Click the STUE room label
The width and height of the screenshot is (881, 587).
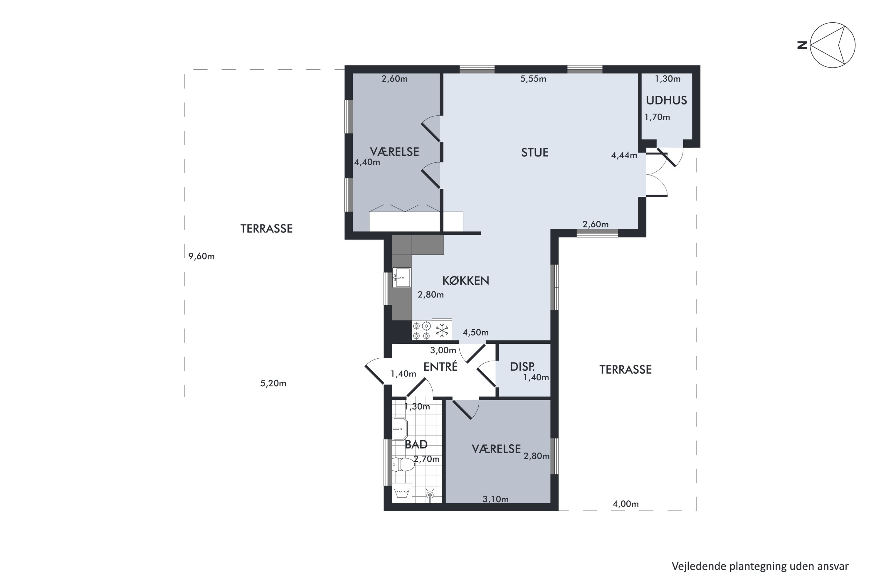coord(534,152)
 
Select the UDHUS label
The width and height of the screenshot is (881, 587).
coord(666,100)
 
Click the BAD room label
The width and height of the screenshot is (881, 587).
coord(416,444)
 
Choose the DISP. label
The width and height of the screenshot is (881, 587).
coord(522,367)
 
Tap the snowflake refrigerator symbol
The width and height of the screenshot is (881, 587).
coord(442,330)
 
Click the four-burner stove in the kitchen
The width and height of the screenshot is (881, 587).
coord(422,330)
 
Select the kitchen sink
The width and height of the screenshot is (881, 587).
coord(401,278)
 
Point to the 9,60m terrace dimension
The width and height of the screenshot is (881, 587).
coord(201,257)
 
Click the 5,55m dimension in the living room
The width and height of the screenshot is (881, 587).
coord(533,79)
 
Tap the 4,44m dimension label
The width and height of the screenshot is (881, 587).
coord(624,155)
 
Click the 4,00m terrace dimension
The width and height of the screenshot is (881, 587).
coord(626,504)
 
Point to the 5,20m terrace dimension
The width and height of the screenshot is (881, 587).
coord(273,383)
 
